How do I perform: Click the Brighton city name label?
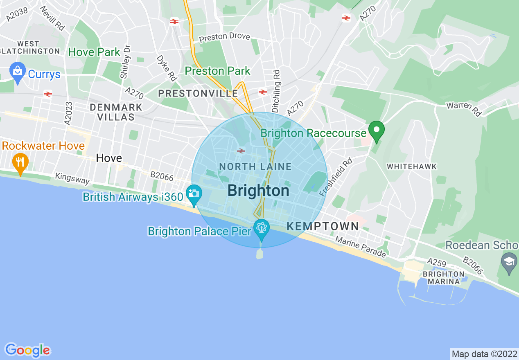tap(258, 191)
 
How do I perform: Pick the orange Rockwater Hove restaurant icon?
tap(20, 162)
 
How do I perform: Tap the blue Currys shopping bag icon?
tap(18, 72)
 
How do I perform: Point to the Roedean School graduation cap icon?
tap(509, 259)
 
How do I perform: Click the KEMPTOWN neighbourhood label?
tap(323, 226)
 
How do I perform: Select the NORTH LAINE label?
tap(255, 166)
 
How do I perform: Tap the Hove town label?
tap(109, 158)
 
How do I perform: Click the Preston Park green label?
tap(217, 71)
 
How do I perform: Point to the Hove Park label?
tap(94, 52)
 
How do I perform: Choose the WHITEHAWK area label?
tap(412, 166)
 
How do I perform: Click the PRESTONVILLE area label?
tap(198, 93)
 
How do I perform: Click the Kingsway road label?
tap(72, 179)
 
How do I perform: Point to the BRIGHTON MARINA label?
tap(444, 277)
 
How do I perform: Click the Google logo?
tap(27, 350)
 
